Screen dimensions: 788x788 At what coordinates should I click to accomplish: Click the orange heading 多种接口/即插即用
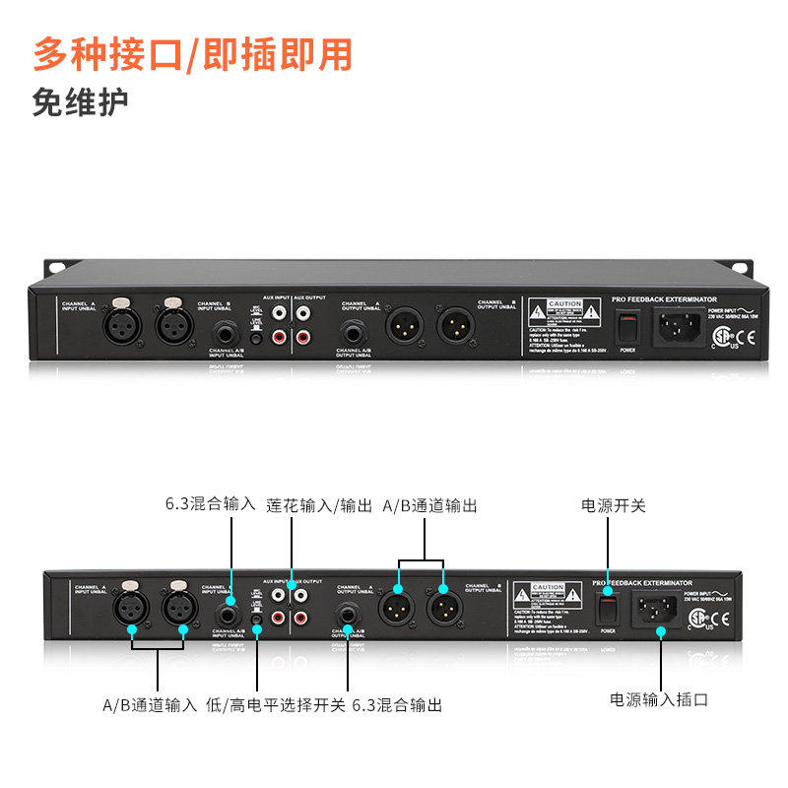click(x=192, y=54)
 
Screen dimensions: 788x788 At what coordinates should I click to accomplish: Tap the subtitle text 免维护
click(x=80, y=102)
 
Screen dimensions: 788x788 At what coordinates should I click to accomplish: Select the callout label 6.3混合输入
click(x=210, y=505)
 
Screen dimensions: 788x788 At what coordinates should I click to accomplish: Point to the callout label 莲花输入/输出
click(x=319, y=505)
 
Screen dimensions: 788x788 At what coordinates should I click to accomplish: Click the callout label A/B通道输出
click(x=429, y=505)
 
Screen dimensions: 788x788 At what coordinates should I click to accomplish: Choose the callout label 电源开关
click(x=614, y=505)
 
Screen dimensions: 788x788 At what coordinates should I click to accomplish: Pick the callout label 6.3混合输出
click(x=397, y=705)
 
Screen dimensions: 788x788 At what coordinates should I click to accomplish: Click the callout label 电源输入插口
click(x=659, y=700)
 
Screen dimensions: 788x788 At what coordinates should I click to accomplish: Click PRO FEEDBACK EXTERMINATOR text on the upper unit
click(x=663, y=297)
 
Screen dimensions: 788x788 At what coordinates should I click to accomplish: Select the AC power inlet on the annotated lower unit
click(x=658, y=610)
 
